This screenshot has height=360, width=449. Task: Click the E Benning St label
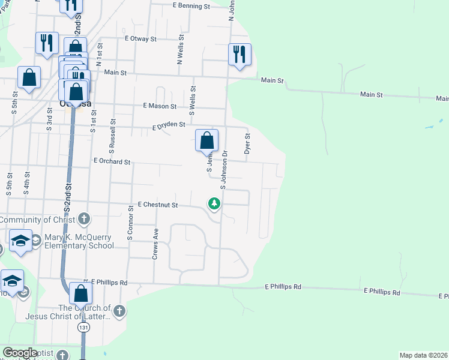(191, 6)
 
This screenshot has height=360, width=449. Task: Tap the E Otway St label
(140, 38)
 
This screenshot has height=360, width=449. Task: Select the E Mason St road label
(160, 106)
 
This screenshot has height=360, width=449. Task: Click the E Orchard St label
(112, 161)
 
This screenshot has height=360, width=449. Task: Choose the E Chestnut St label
(158, 205)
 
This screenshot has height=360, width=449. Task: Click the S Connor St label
(130, 223)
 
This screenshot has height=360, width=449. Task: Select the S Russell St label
(112, 133)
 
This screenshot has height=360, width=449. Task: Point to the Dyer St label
(247, 143)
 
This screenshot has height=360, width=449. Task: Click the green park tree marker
(214, 205)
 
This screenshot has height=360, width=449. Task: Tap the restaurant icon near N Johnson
(240, 54)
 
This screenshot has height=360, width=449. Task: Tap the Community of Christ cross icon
(83, 220)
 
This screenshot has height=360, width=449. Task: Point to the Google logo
(20, 353)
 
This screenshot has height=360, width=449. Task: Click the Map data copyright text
(424, 355)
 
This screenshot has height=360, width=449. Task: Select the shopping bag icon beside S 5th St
(29, 77)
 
